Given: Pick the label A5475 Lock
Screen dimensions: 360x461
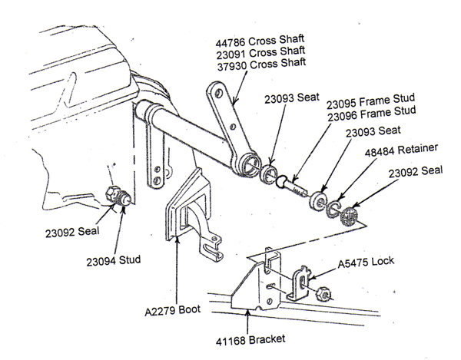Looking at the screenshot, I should click(367, 262).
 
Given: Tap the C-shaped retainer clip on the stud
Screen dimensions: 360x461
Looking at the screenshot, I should click(334, 210).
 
